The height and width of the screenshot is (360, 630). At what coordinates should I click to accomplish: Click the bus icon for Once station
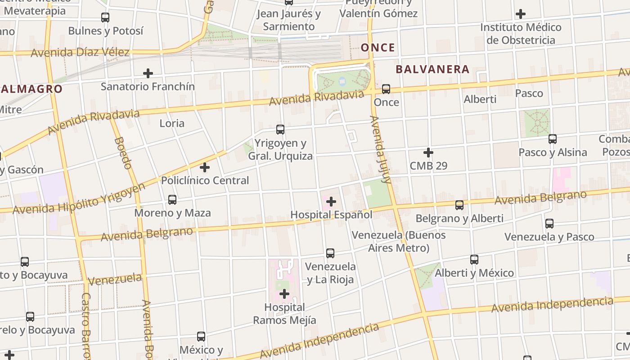pos(386,89)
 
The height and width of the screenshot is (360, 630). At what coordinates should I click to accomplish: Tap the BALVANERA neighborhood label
pos(432,69)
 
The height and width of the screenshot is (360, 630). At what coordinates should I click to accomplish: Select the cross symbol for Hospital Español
pos(331,202)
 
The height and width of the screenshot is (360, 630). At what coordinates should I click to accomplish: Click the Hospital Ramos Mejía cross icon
pos(284,294)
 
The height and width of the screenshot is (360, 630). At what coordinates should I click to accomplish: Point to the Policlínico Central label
pos(205,180)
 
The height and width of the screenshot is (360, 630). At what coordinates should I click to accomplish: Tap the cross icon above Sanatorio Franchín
pos(148,73)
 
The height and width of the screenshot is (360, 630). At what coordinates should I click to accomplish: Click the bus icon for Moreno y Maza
pos(172,200)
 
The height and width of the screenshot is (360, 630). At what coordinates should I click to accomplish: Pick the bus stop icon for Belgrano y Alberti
pos(459,205)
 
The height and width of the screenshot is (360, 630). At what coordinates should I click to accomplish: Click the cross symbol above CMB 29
pos(428,153)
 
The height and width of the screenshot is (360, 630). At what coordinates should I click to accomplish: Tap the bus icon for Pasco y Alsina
pos(553,139)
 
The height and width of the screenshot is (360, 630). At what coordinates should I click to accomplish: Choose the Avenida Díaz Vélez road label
pos(80,52)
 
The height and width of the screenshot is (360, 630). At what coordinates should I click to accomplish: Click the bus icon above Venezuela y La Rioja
pos(330,253)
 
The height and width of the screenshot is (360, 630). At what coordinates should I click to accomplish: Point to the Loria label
pos(172,123)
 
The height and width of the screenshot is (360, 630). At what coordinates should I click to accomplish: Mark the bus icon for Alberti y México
pos(474,260)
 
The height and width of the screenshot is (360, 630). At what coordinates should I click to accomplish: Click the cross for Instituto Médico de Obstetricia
pos(521,14)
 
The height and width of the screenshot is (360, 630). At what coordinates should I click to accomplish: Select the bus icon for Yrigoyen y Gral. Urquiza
pos(280,130)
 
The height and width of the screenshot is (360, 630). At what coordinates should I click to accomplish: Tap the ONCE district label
pos(378,48)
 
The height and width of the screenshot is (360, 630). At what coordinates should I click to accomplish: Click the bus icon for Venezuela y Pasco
pos(549,224)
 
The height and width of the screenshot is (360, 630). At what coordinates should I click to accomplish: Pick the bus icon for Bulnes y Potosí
pos(105,18)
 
